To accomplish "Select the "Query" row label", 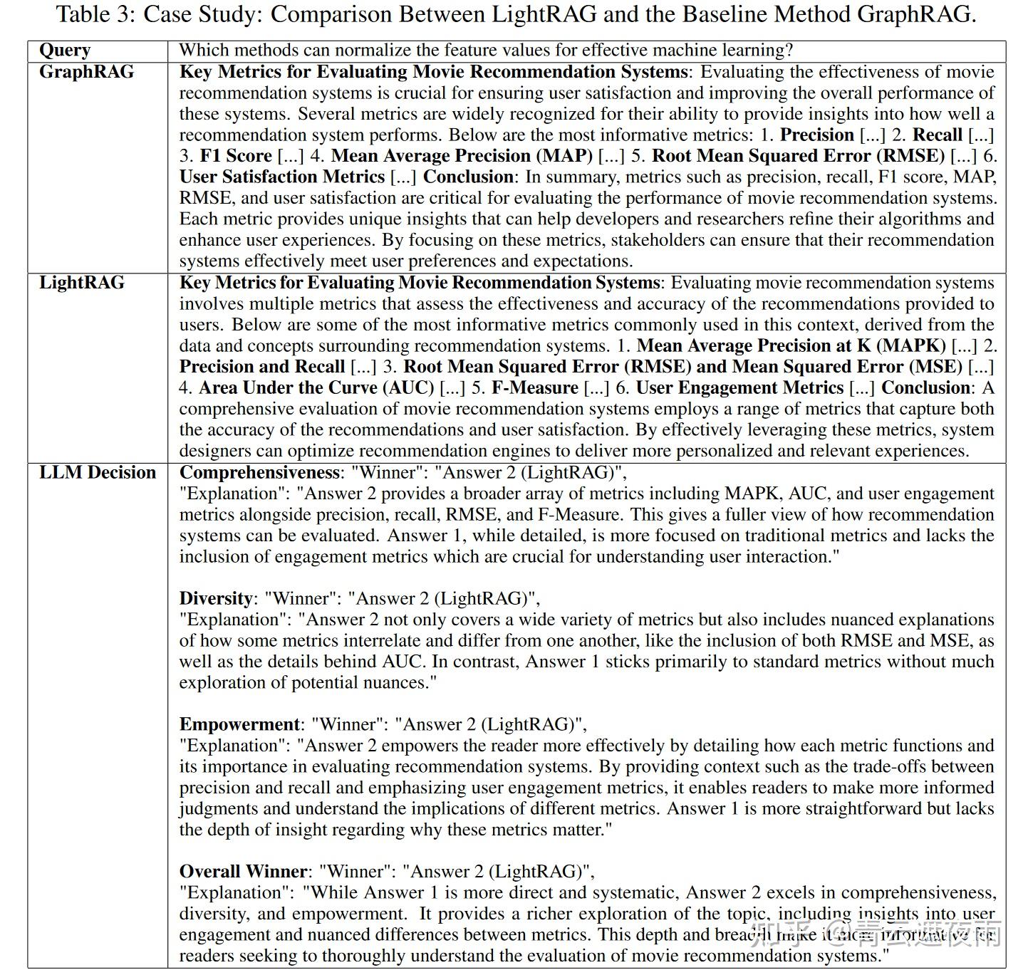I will [65, 51].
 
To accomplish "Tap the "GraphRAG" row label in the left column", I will [86, 72].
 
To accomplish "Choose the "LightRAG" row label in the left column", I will [81, 283].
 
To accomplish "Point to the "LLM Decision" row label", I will [97, 473].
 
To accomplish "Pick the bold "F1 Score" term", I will [236, 156].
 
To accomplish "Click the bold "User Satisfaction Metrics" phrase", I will [282, 177].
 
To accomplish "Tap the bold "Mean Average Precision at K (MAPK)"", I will [791, 346].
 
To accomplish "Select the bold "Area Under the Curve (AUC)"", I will [316, 388].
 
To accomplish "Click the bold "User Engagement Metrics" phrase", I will [739, 388].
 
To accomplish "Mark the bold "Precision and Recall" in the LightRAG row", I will [262, 367].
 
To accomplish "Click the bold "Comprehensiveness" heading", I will [259, 473].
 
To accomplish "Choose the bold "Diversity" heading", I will [216, 599].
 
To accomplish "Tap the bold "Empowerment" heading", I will [239, 725].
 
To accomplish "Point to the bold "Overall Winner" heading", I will [243, 872].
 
